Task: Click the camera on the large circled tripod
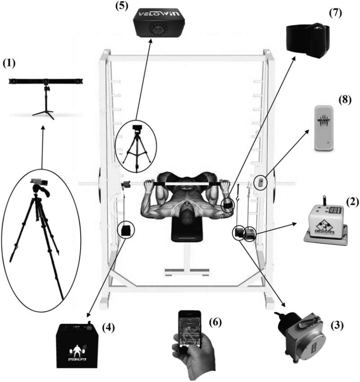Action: [x=39, y=180]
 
